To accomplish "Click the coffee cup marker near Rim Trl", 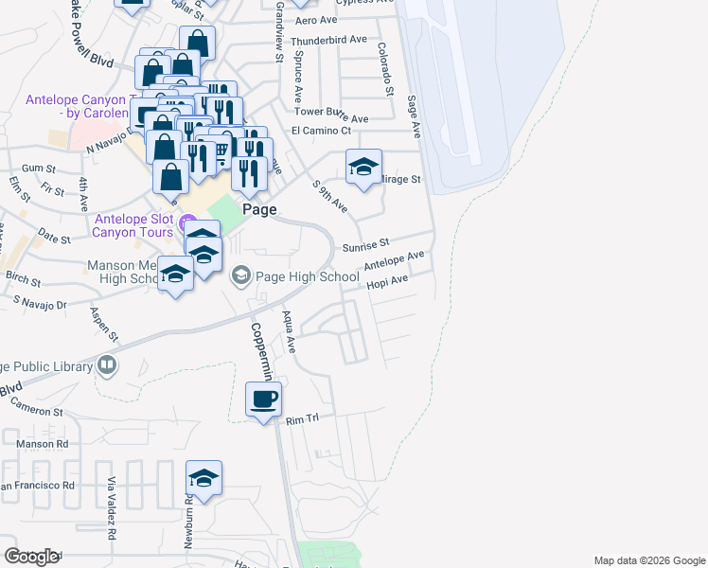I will (264, 399).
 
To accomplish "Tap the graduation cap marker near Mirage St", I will (363, 167).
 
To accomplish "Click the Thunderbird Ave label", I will (328, 41).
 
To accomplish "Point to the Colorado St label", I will (384, 69).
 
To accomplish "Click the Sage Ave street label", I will (414, 114).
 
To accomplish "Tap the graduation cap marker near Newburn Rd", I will (204, 478).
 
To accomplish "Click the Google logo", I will (31, 557).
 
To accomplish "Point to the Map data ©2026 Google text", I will (648, 560).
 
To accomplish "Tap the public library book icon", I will (107, 365).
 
